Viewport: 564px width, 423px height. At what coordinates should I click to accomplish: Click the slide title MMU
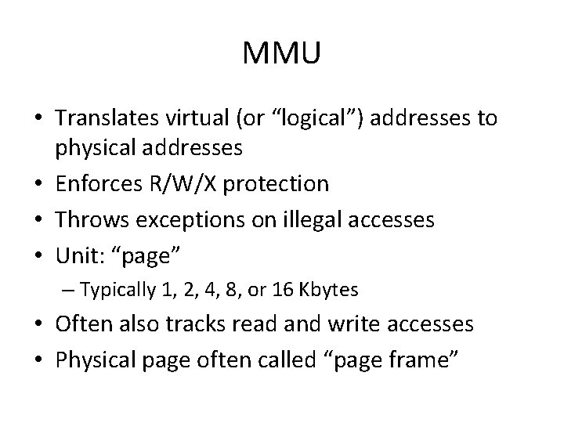282,54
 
